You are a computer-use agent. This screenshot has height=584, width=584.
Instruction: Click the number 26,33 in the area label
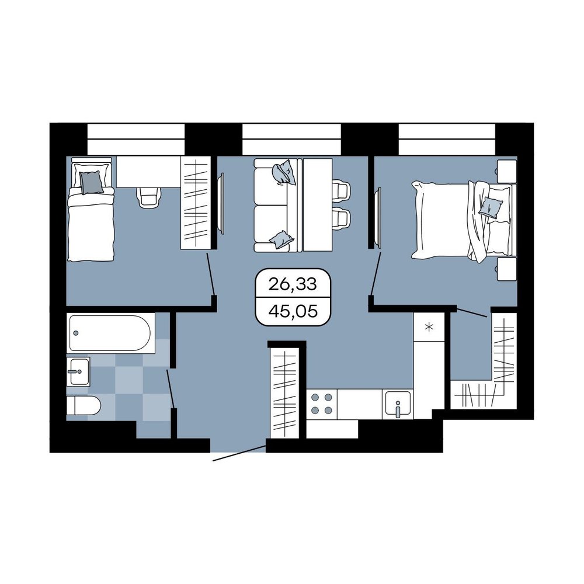pos(293,284)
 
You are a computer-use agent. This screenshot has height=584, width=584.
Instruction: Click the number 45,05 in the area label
pos(293,311)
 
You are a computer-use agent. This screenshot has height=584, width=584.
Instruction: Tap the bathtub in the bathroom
pos(110,333)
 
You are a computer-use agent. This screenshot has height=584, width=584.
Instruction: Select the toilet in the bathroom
pos(84,405)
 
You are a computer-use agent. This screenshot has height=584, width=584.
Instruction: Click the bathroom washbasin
pos(78,371)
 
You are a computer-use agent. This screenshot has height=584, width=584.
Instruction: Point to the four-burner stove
pos(322,404)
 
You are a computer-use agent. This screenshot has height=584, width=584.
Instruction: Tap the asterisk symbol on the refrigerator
pos(429,328)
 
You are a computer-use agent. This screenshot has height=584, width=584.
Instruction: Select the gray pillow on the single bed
pos(91,182)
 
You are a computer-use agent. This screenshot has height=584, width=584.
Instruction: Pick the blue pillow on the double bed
pos(491,207)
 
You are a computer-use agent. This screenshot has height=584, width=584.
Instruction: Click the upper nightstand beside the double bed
pos(506,172)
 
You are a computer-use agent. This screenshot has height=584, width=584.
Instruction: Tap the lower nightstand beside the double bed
pos(506,269)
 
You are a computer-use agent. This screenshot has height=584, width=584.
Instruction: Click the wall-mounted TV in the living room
pos(221,203)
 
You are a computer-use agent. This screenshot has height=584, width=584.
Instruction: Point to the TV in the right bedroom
pos(378,217)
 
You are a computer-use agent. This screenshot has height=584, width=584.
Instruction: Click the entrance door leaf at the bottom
pos(239,453)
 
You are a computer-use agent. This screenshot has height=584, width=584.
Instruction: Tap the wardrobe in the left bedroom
pos(196,203)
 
